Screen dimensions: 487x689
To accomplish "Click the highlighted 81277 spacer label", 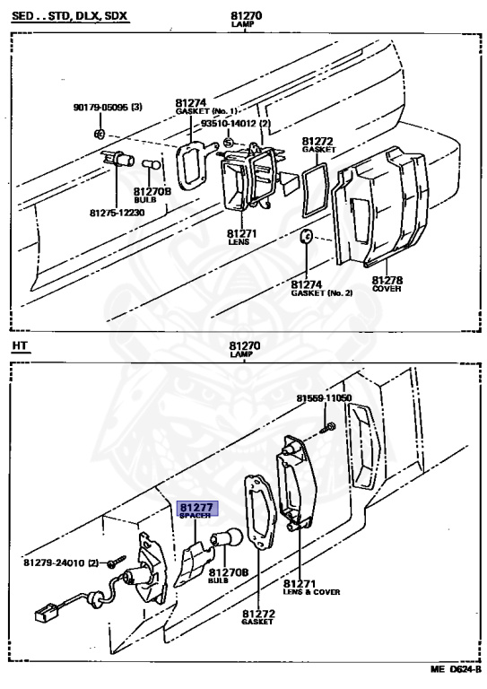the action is [197, 510].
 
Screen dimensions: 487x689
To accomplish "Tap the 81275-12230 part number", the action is [117, 213].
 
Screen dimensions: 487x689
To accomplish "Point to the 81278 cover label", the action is [387, 283].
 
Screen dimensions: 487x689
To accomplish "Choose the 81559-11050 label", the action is [324, 398].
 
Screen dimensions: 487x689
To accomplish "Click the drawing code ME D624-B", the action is [456, 682].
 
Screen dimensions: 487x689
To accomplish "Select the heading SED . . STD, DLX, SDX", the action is [69, 17].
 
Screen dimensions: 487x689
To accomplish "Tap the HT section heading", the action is [20, 345].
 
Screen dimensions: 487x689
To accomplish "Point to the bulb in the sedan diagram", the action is [151, 165].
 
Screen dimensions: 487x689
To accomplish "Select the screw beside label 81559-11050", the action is [328, 427].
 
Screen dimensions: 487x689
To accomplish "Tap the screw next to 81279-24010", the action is [117, 560].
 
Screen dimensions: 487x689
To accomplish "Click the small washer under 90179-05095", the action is [100, 133].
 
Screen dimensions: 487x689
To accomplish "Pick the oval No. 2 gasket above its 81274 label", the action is [306, 236].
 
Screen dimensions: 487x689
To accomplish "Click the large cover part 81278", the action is [380, 206].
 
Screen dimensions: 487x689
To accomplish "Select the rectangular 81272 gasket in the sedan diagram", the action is [315, 190].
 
